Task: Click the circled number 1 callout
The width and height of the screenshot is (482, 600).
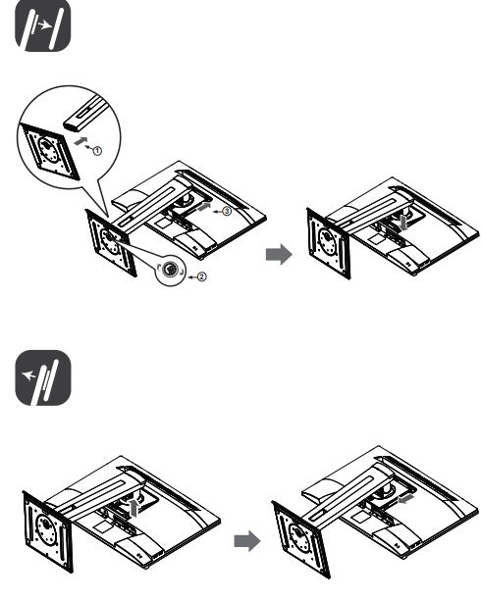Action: tap(97, 151)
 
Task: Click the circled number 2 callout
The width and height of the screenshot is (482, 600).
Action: tap(202, 276)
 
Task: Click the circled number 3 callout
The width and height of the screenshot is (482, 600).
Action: tap(227, 211)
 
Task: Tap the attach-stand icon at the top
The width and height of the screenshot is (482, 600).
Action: tap(43, 25)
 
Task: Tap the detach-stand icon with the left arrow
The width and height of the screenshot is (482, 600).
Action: tap(43, 377)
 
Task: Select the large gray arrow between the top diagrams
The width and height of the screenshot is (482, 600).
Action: tap(279, 254)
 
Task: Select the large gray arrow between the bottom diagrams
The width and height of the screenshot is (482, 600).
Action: tap(247, 541)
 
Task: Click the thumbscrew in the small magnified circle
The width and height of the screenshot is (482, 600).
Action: tap(170, 270)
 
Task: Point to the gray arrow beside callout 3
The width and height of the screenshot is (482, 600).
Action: tap(203, 208)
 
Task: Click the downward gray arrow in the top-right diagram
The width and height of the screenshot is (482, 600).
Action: tap(403, 224)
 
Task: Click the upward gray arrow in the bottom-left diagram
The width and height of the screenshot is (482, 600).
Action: tap(134, 508)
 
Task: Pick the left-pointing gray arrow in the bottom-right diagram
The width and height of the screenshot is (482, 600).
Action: tap(405, 498)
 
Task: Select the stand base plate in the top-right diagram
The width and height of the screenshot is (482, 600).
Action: tap(328, 243)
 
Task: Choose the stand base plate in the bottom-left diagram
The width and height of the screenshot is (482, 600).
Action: tap(48, 531)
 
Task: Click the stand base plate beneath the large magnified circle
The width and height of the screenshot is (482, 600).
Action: tap(111, 242)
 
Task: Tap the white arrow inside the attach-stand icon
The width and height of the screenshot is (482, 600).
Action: tap(45, 25)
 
